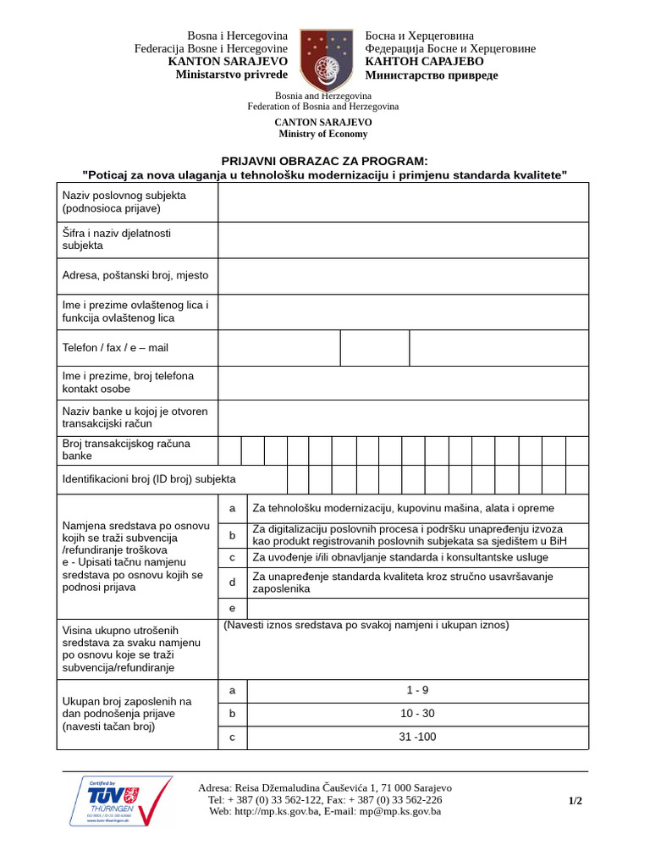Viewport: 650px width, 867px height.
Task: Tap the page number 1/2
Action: click(575, 800)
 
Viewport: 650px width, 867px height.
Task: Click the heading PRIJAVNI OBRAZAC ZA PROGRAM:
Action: click(324, 161)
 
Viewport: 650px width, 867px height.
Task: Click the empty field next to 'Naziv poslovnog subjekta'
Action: click(403, 202)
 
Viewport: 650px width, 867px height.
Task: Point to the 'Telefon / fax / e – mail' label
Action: click(115, 347)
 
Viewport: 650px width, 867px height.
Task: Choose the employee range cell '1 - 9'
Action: click(417, 690)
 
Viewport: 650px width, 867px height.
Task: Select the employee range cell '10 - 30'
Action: click(417, 714)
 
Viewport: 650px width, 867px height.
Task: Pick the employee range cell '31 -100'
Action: click(417, 737)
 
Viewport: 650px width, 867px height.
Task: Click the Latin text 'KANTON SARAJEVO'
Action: click(228, 62)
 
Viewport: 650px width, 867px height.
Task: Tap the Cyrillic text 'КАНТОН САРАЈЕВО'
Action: click(425, 62)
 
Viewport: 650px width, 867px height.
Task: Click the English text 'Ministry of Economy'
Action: click(323, 134)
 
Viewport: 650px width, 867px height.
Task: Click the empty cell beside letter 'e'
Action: click(417, 608)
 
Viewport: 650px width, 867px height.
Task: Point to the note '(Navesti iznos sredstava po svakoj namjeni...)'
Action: click(366, 625)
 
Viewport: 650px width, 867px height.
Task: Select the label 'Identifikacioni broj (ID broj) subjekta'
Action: click(149, 479)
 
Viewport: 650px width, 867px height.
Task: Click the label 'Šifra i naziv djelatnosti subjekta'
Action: click(117, 239)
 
